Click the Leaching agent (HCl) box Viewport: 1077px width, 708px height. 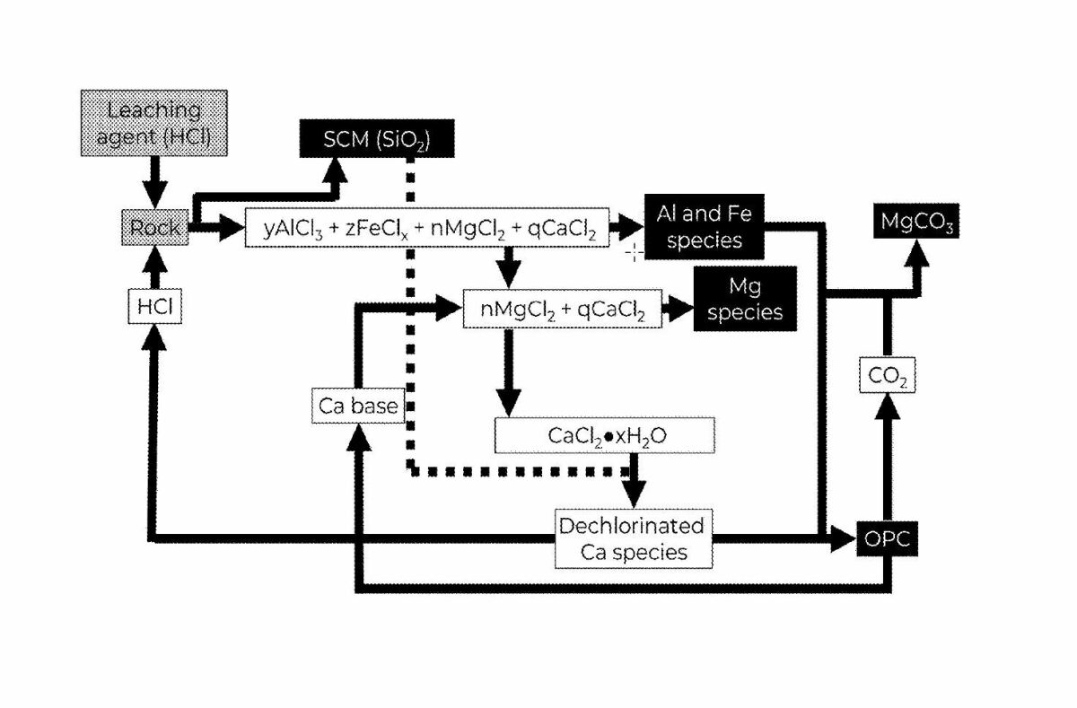click(x=154, y=124)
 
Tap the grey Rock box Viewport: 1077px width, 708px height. click(x=155, y=228)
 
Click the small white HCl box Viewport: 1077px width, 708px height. click(x=154, y=307)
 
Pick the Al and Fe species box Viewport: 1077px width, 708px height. click(x=705, y=228)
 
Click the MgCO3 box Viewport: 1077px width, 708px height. click(x=916, y=221)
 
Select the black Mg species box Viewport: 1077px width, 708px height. click(x=745, y=300)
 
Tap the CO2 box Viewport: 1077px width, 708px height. click(x=888, y=377)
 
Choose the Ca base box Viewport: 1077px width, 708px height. click(x=358, y=406)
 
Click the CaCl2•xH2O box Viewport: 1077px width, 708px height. click(x=605, y=435)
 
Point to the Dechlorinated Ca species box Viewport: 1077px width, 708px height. click(x=633, y=538)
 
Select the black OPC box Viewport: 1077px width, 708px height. click(x=888, y=539)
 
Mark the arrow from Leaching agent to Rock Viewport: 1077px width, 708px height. click(x=155, y=182)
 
